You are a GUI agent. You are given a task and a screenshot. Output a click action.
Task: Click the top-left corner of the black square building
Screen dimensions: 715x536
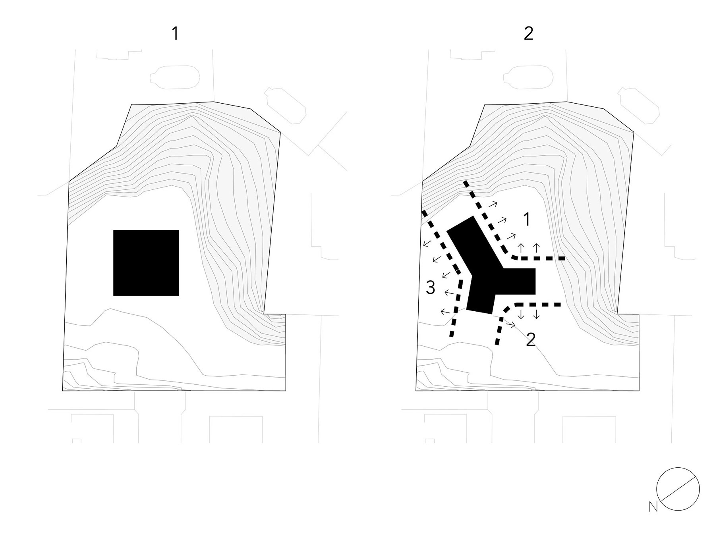pos(114,230)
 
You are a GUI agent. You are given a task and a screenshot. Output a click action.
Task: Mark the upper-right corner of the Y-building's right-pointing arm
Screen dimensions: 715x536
pos(536,269)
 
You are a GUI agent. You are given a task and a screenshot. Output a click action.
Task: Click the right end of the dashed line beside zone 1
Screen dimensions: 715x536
pos(565,258)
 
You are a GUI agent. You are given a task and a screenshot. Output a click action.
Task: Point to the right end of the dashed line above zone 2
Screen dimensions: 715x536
pos(560,305)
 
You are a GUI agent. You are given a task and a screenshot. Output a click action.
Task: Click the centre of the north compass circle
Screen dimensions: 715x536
pos(678,489)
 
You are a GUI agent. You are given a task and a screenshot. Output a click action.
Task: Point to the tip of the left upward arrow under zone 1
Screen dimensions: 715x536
pos(522,244)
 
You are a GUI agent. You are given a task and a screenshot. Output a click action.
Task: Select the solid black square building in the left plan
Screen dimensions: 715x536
pos(146,263)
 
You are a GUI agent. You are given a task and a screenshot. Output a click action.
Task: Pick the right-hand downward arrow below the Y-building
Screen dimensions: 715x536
pos(536,314)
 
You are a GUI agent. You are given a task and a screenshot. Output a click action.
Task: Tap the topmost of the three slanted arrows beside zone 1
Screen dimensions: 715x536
pos(492,205)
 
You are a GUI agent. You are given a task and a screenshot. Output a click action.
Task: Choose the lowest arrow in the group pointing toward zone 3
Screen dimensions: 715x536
pos(446,312)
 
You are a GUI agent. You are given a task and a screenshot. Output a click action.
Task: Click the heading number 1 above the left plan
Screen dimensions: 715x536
pos(175,34)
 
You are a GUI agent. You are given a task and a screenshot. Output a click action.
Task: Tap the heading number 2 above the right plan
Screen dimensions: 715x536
pos(528,34)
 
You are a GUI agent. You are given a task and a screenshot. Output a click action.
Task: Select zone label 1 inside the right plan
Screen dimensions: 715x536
pos(527,220)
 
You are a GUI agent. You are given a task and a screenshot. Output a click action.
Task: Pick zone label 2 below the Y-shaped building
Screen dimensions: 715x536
pos(531,340)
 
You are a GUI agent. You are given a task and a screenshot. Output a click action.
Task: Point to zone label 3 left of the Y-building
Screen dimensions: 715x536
pos(431,287)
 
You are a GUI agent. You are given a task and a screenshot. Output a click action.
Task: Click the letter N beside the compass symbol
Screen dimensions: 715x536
pos(653,507)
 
